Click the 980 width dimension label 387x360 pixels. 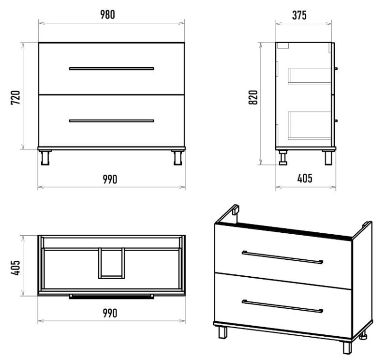tap(107, 15)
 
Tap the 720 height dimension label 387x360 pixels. tap(15, 98)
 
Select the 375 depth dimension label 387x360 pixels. tap(299, 15)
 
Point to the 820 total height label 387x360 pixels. tap(253, 97)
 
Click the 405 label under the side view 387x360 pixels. tap(305, 178)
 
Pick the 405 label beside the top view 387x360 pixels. tap(15, 268)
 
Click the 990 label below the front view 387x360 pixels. tap(110, 180)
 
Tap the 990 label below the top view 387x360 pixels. tap(110, 314)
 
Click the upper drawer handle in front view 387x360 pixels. tap(112, 69)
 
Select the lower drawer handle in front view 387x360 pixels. tap(112, 121)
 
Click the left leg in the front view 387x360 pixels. tap(45, 158)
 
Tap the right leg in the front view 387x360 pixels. tap(178, 158)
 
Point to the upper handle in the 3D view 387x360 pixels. tap(283, 257)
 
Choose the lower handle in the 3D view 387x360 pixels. tap(283, 306)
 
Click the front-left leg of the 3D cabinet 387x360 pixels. tap(223, 332)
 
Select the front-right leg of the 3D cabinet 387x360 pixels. tap(347, 347)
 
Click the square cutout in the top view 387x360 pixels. tap(112, 263)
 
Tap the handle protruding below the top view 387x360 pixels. tap(112, 297)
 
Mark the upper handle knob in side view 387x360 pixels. tap(336, 69)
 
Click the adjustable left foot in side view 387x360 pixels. tap(283, 158)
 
